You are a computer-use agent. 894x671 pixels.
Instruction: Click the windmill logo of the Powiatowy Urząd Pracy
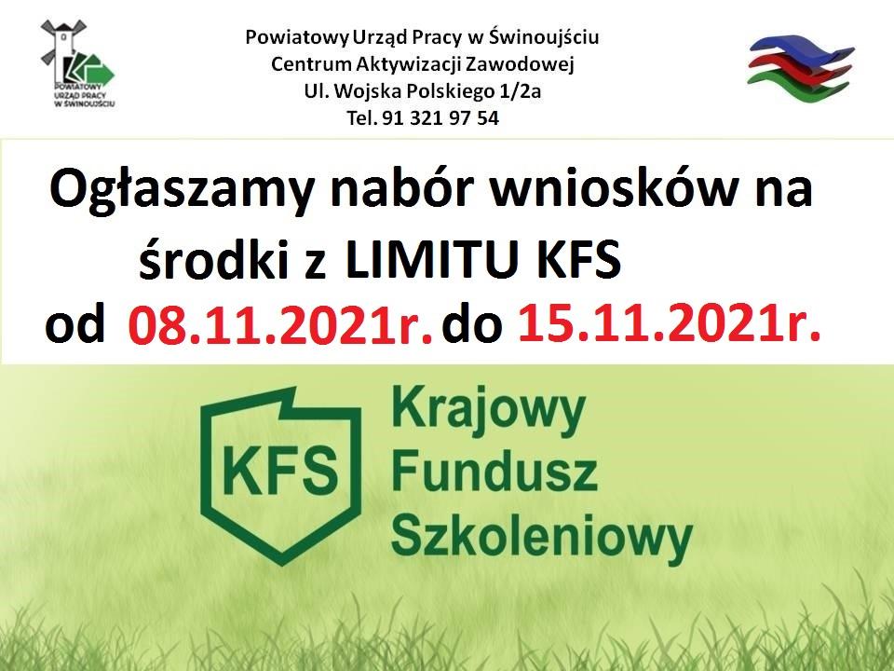point(78,64)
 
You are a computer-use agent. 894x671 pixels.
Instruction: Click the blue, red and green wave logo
point(801,67)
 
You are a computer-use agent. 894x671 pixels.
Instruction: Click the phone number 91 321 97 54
point(440,118)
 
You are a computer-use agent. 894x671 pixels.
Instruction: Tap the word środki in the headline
point(213,259)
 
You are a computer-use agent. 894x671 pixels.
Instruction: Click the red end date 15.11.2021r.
point(670,323)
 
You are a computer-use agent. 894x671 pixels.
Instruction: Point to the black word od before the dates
point(75,326)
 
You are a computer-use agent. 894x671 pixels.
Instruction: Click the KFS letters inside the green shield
point(280,472)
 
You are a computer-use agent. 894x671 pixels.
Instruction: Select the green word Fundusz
point(494,472)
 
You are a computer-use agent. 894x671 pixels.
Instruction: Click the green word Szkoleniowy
point(542,538)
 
